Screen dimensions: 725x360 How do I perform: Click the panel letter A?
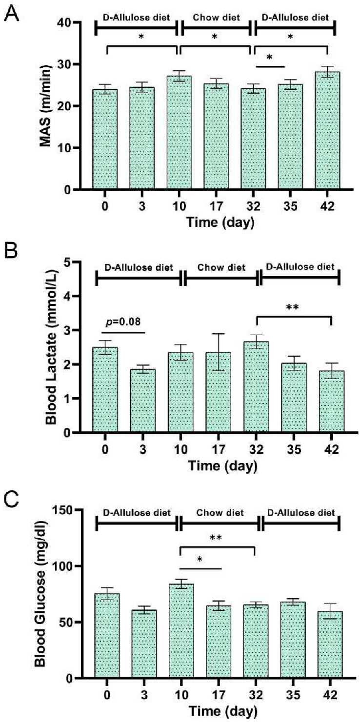[x=12, y=14]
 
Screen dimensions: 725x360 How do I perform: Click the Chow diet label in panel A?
[x=216, y=18]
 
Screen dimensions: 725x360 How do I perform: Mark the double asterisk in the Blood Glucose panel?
[x=217, y=538]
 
